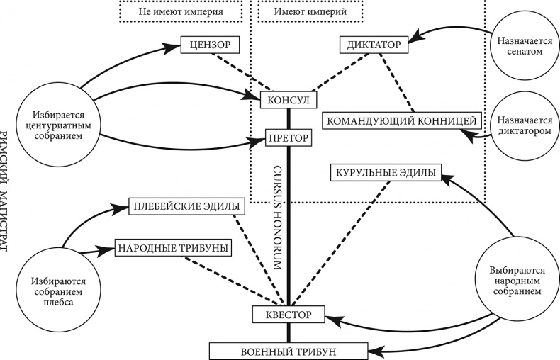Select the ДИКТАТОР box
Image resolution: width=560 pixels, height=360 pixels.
(374, 45)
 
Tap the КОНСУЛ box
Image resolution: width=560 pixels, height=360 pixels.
(288, 101)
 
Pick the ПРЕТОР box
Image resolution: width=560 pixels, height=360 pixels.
(288, 137)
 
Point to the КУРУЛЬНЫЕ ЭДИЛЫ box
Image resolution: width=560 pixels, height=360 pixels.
(386, 171)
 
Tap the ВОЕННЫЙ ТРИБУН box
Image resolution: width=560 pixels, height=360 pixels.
(288, 350)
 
